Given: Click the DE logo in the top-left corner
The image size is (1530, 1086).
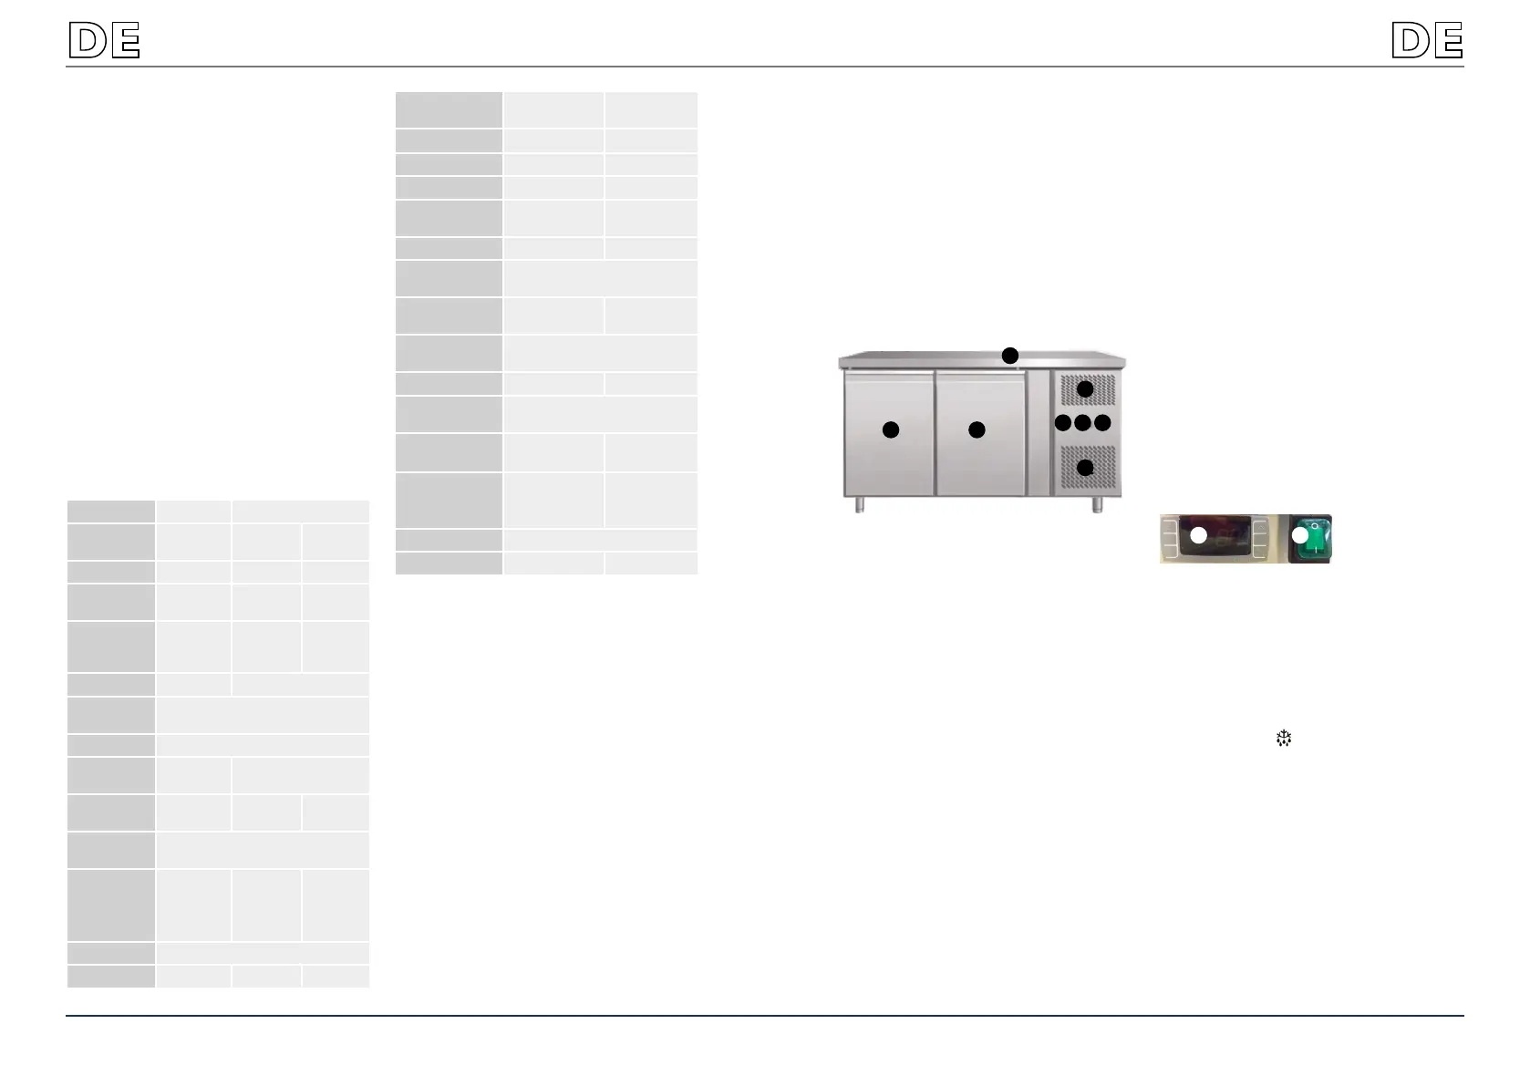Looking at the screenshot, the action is pos(105,39).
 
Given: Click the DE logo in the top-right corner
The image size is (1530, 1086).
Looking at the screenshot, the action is pos(1427,39).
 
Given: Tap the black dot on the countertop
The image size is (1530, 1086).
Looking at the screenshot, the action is pos(1009,356).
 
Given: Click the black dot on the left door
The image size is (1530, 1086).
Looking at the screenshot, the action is pos(890,429).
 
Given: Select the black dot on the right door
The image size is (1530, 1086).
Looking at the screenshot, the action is pos(976,429).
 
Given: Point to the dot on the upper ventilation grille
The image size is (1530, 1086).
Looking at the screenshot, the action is pos(1085,389).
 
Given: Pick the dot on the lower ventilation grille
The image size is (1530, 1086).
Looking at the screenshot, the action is pos(1085,468).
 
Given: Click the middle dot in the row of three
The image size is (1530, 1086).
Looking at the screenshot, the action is pos(1082,423).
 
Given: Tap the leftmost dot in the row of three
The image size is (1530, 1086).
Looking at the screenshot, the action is pos(1063,423).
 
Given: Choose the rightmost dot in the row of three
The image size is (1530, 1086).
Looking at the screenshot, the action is pos(1101,423).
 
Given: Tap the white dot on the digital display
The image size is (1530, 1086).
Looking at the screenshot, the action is pos(1198,535).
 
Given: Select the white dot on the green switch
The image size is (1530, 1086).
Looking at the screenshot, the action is pos(1300,536).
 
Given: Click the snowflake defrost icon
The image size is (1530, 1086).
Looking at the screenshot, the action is pos(1284,739).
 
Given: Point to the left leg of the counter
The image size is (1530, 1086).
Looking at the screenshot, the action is pos(859,505).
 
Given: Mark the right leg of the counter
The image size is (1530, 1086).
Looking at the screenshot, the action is pos(1097,505).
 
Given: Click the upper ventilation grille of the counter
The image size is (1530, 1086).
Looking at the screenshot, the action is pos(1088,389).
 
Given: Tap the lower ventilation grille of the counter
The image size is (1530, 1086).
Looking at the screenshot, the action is pos(1088,467).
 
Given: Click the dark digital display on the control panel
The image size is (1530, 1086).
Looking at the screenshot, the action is pos(1215,537).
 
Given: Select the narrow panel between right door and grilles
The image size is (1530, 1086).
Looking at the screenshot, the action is pos(1039,432).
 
